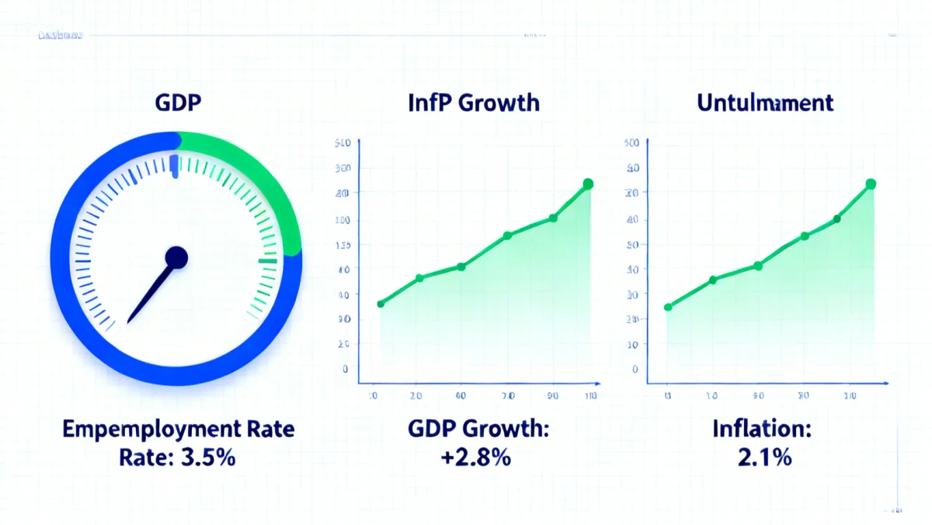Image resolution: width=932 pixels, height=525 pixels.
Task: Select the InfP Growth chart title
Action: tap(473, 103)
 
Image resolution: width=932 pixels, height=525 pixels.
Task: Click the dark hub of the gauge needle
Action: tap(176, 258)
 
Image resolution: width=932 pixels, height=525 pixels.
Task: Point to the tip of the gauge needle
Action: tap(129, 322)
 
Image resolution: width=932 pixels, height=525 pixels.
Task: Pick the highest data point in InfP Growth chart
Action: tap(588, 184)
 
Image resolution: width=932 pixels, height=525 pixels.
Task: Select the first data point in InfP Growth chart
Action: tap(381, 304)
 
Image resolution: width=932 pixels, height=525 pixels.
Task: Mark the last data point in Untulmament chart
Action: tap(871, 184)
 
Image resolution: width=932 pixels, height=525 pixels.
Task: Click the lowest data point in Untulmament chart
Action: tap(668, 308)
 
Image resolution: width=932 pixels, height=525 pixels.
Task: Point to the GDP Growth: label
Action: tap(477, 429)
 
